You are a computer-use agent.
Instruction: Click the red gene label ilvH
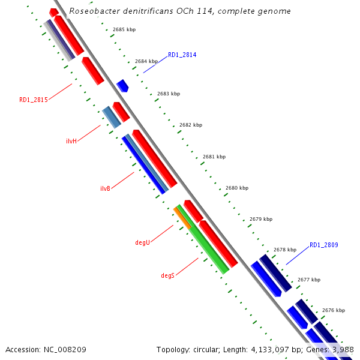click(71, 142)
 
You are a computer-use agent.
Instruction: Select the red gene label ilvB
click(105, 188)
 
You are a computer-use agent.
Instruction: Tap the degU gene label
click(142, 243)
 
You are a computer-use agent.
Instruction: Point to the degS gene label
click(167, 275)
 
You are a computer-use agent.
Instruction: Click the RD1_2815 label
click(34, 100)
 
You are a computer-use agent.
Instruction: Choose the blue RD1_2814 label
click(182, 55)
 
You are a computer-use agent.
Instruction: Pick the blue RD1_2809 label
click(324, 245)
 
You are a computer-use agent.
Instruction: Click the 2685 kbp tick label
click(124, 29)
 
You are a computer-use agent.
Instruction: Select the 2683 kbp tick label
click(169, 94)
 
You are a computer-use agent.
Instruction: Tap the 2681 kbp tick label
click(214, 157)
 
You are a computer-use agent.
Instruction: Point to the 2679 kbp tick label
click(260, 219)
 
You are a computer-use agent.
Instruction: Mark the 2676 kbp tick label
click(334, 310)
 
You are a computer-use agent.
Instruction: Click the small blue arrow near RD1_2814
click(122, 85)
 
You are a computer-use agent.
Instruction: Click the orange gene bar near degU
click(182, 217)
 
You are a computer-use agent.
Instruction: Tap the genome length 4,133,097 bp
click(269, 349)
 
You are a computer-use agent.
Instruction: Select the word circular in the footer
click(206, 349)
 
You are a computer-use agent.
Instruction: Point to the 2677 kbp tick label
click(309, 280)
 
